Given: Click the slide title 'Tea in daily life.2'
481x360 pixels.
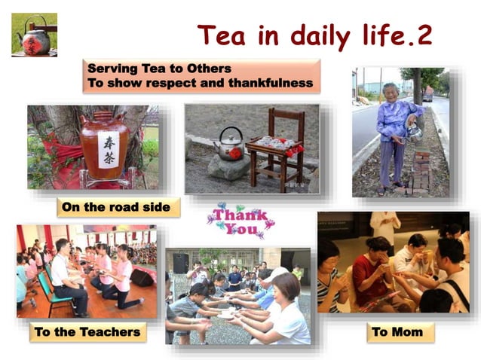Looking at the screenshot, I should click(x=314, y=35).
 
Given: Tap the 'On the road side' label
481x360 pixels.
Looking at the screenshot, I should click(x=118, y=207).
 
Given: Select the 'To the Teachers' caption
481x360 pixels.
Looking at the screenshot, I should click(x=87, y=331).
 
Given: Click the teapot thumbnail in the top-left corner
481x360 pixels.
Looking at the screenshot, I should click(x=34, y=35).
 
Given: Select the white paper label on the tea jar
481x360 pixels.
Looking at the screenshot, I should click(x=109, y=150).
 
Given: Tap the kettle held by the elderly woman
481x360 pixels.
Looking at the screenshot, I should click(x=413, y=133).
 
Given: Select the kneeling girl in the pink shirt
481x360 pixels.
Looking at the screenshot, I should click(x=122, y=279).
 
